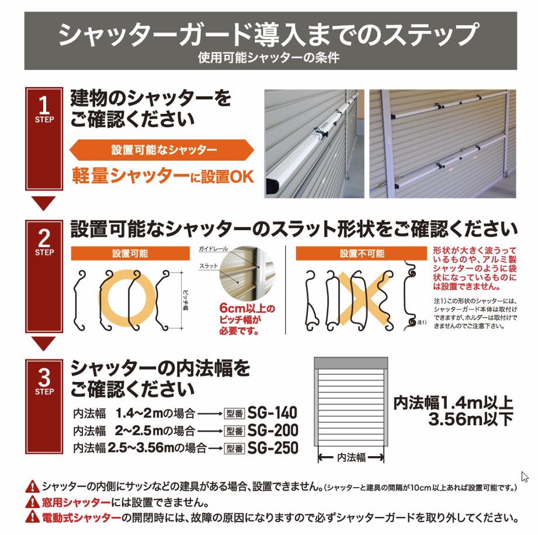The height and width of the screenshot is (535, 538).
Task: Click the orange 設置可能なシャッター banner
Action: (x=162, y=150)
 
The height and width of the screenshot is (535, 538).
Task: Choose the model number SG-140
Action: (x=273, y=412)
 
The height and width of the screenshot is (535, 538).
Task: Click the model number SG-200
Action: (x=273, y=430)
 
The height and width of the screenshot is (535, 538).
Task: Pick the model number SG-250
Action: (x=273, y=448)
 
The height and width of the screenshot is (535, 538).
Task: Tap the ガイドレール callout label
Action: (x=213, y=249)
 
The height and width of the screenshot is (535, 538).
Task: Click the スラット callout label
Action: (x=209, y=266)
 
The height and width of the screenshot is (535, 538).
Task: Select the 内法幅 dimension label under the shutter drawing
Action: (x=352, y=457)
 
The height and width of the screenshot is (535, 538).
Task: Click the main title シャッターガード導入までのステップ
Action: (x=269, y=34)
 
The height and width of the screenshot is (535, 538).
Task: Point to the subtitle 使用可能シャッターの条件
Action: (x=269, y=58)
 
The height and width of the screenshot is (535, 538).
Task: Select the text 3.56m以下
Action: (x=470, y=419)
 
